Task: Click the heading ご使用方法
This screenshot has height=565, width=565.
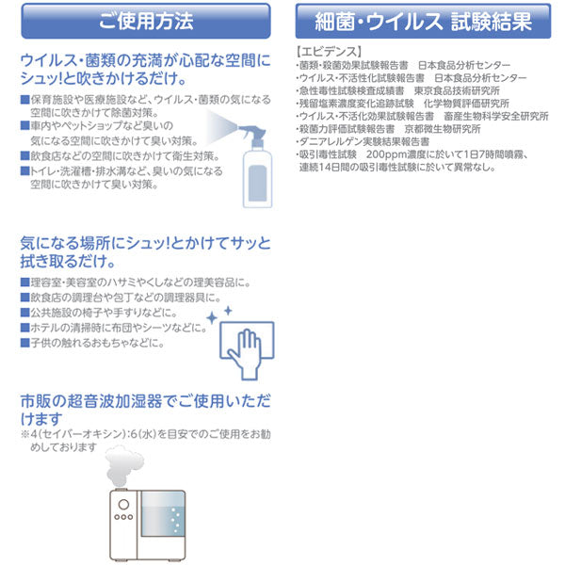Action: coord(145,20)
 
